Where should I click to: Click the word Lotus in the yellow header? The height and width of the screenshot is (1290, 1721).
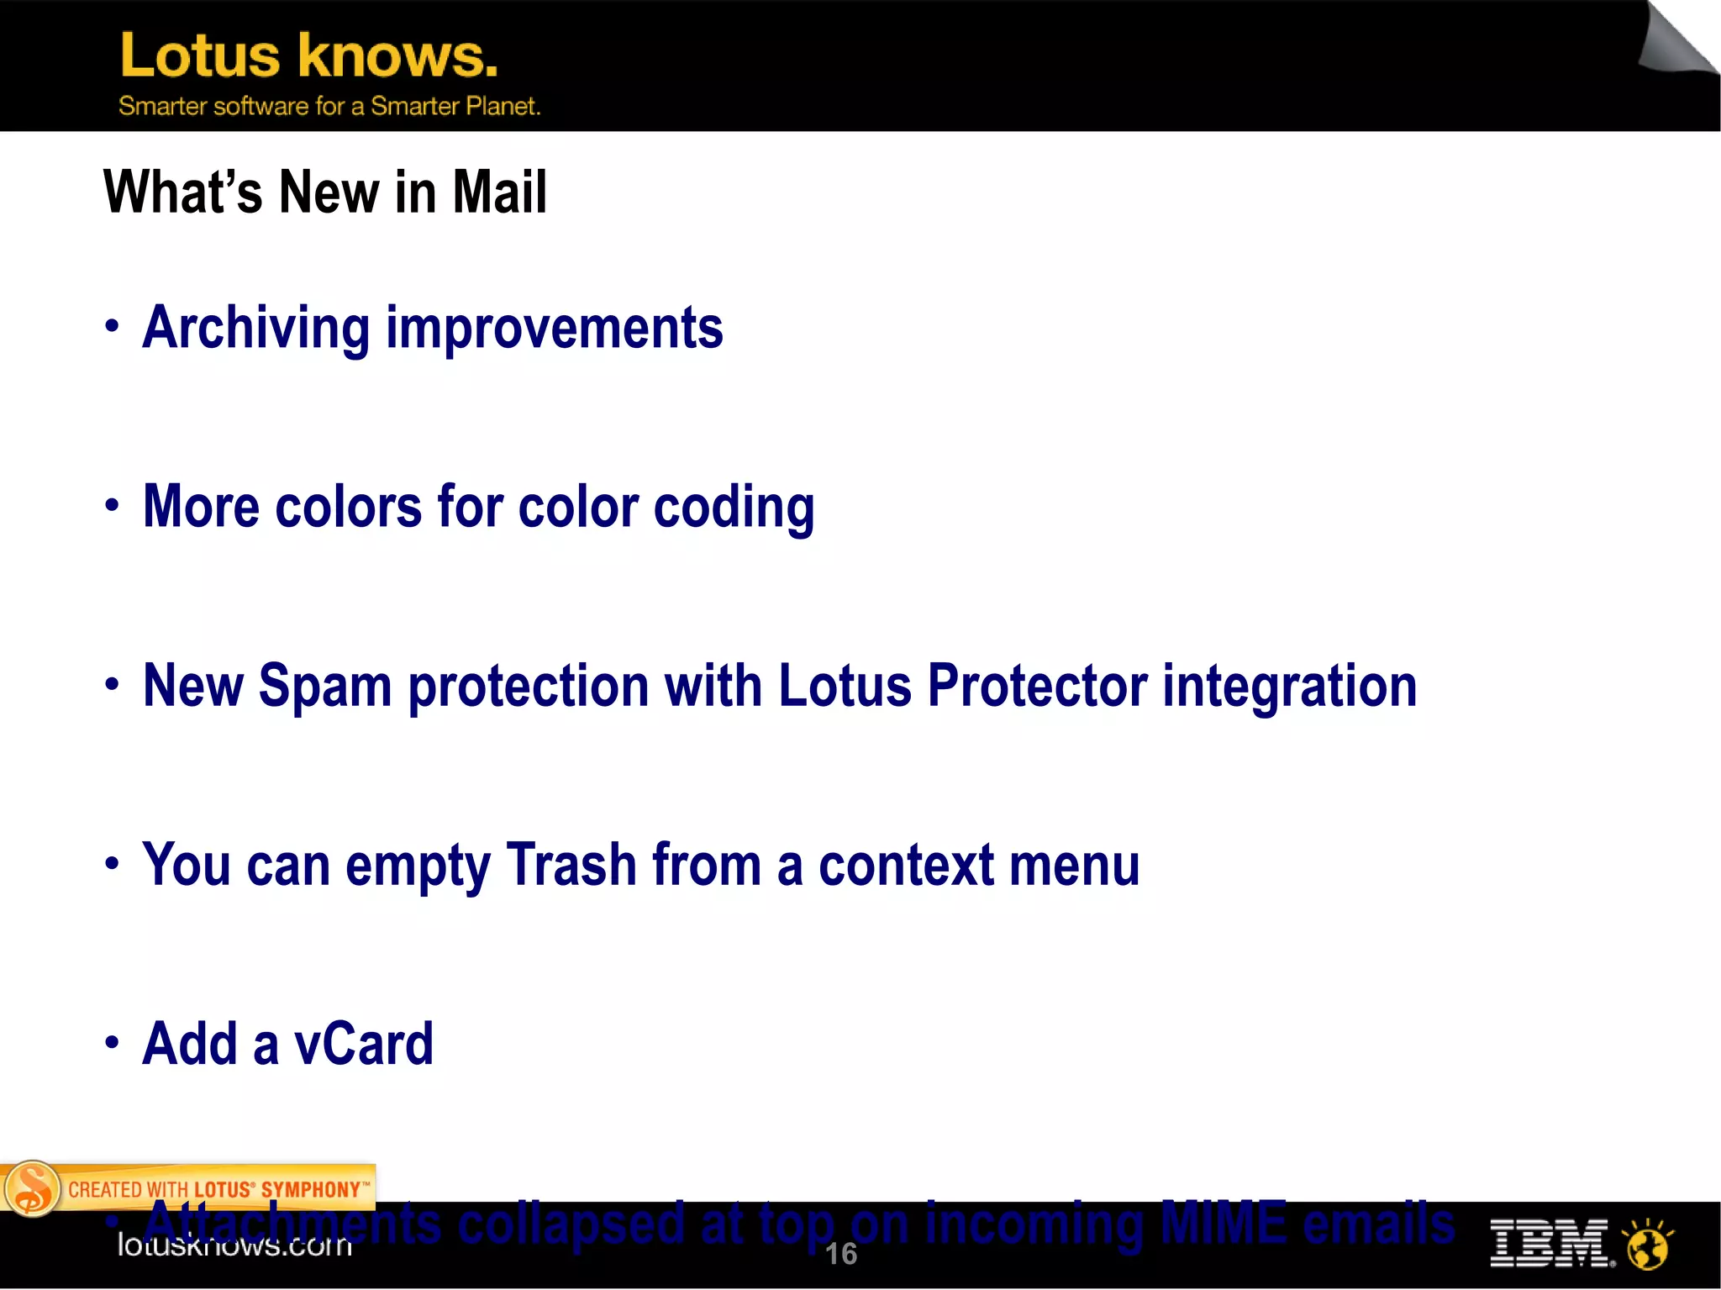(200, 56)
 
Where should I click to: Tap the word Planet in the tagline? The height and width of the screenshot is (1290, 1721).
(503, 106)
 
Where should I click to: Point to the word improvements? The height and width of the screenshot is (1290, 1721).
(554, 328)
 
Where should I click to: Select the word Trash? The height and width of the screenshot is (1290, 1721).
(571, 865)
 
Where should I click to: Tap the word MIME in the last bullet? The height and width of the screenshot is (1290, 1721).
(1223, 1223)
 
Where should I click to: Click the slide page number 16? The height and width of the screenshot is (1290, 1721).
(840, 1254)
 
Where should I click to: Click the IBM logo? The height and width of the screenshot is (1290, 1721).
(1550, 1244)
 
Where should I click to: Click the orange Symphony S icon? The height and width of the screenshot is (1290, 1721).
(32, 1188)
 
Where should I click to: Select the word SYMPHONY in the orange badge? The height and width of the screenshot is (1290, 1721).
(310, 1190)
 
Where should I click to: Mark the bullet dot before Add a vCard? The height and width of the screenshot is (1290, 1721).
(112, 1043)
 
